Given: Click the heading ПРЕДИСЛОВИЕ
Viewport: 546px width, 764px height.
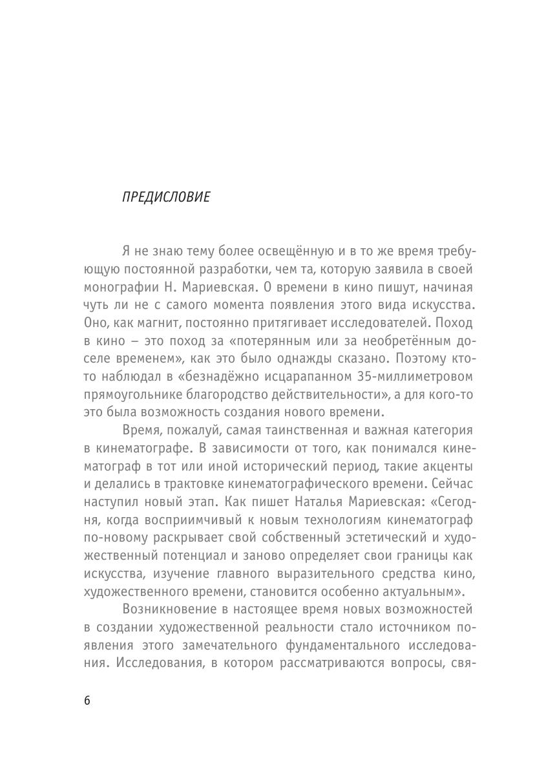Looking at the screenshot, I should click(165, 198).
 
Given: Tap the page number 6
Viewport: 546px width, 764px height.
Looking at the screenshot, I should click(87, 701).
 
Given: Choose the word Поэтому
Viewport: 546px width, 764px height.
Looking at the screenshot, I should click(421, 358).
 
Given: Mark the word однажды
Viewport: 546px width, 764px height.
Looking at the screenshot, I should click(313, 358).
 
